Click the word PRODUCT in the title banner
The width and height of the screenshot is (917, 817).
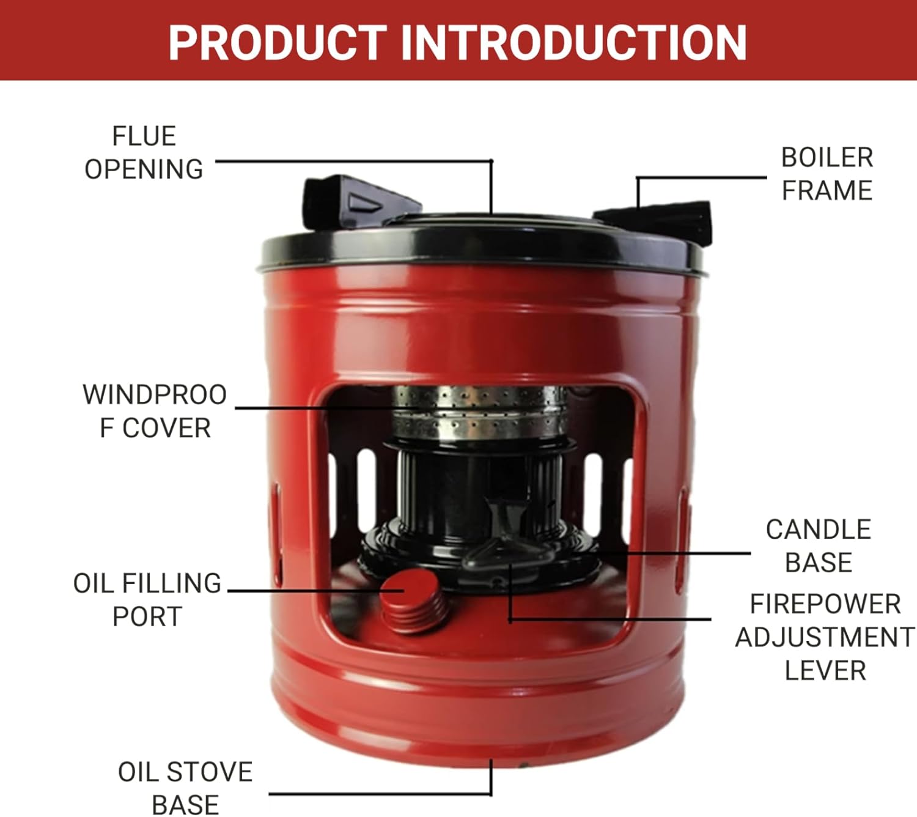pos(277,42)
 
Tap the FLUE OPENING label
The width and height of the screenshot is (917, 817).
pos(144,153)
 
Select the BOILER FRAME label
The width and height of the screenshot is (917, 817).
pos(827,174)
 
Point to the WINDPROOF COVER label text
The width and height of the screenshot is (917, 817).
pos(155,411)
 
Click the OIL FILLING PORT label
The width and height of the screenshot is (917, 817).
pos(147,600)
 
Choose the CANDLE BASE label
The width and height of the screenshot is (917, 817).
pos(818,545)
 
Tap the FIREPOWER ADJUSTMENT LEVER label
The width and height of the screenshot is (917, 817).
pos(825,637)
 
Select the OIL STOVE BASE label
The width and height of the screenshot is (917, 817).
pos(185,788)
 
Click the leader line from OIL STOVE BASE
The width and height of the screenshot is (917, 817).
pos(379,794)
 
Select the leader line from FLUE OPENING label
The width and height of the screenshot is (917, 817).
pos(355,161)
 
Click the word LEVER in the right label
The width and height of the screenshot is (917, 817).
pos(825,671)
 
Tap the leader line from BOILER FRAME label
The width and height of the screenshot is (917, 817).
pos(703,178)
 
